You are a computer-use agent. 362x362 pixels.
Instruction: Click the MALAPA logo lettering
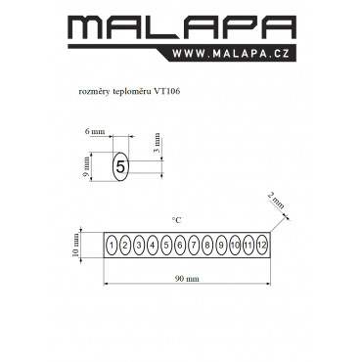click(182, 27)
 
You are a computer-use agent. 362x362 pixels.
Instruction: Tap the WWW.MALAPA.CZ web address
click(231, 54)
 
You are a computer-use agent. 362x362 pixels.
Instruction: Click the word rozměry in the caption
click(94, 92)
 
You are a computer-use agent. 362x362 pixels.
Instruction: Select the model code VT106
click(167, 91)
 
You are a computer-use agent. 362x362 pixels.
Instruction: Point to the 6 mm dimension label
click(95, 132)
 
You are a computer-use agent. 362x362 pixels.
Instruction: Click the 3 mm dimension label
click(157, 143)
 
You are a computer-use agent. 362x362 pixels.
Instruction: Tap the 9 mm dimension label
click(86, 166)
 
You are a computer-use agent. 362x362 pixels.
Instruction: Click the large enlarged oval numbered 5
click(120, 166)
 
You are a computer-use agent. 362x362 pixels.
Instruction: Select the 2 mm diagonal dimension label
click(276, 201)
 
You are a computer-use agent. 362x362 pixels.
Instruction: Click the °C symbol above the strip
click(176, 220)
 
